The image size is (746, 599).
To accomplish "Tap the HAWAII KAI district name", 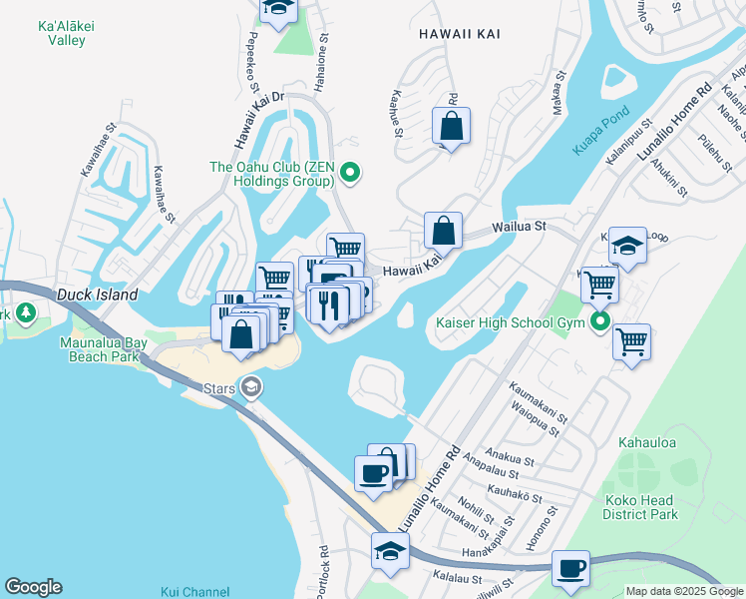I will (x=459, y=34).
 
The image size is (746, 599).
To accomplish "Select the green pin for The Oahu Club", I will (x=349, y=174).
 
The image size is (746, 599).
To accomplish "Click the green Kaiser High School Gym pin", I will (x=599, y=321).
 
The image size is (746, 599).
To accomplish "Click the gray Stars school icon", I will (x=251, y=386).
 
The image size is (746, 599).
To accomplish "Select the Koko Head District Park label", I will (x=640, y=507).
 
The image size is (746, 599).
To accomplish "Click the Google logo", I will (x=33, y=587).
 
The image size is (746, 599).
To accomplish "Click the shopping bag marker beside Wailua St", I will (x=443, y=230).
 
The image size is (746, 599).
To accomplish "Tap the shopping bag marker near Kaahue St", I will (x=451, y=126).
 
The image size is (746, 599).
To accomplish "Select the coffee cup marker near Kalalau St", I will (x=570, y=568).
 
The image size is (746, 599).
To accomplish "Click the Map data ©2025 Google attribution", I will (x=684, y=591).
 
